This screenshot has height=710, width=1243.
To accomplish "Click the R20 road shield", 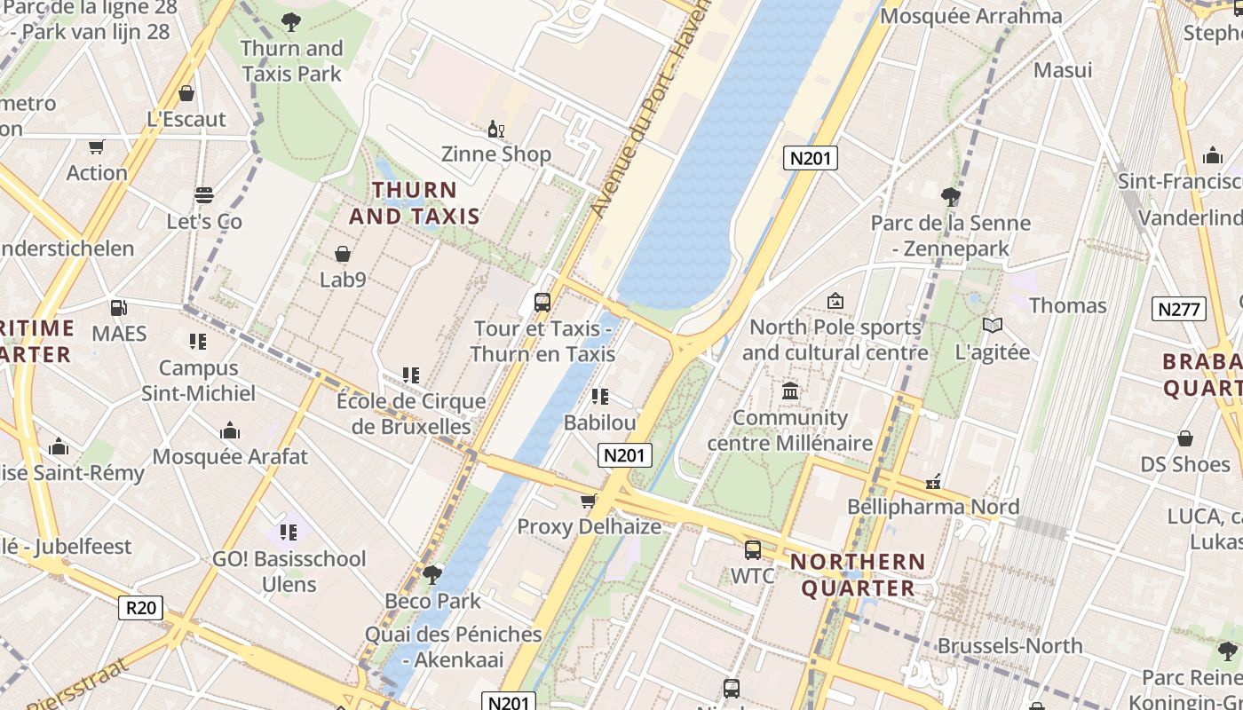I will tap(141, 608).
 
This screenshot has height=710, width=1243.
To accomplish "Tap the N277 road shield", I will tap(1179, 309).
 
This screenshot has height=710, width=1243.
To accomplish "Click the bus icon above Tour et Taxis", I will tap(542, 302).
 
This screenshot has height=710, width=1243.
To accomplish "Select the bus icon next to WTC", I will tap(753, 549).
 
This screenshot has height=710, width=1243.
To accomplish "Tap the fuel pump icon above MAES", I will tap(118, 308).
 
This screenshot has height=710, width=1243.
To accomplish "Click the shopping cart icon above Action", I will tap(96, 146).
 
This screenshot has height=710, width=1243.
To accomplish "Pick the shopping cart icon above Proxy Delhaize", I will tap(588, 501).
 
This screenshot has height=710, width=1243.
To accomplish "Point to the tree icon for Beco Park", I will tap(432, 574).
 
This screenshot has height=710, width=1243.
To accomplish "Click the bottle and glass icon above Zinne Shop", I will tap(495, 129).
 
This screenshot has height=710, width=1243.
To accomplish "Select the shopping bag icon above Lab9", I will tap(342, 254).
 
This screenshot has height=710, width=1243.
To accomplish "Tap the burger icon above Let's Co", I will tap(204, 194).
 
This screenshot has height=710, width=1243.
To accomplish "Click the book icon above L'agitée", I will tap(992, 326).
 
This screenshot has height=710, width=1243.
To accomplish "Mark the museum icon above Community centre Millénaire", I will tap(789, 390).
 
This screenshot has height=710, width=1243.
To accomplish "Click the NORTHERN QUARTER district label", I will tap(858, 575).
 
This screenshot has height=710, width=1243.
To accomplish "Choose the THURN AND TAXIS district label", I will tap(415, 203).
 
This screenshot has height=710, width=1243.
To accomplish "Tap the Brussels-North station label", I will tap(1009, 645).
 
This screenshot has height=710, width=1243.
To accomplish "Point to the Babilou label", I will tap(599, 422).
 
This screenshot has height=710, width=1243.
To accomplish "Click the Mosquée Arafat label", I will tap(230, 457).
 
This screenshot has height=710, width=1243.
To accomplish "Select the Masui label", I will tap(1063, 69).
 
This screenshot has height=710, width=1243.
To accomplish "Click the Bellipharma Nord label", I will tap(933, 507).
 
